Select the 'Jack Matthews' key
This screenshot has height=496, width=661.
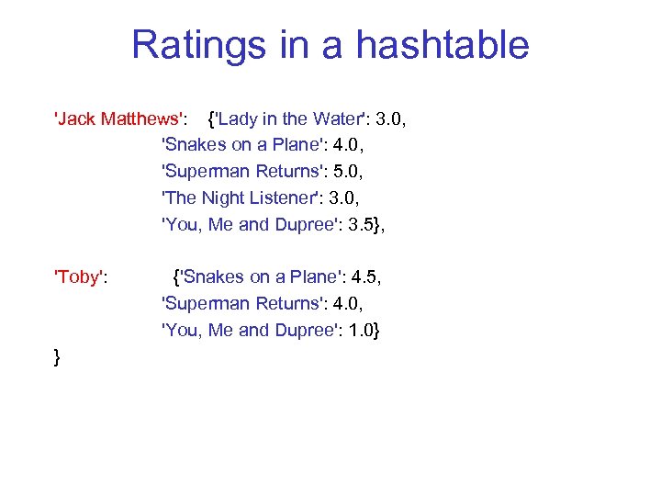point(121,118)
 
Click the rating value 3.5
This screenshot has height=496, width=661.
point(359,225)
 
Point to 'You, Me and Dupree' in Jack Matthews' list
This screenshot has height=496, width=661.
point(243,225)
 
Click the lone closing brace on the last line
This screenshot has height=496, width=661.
point(58,356)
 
